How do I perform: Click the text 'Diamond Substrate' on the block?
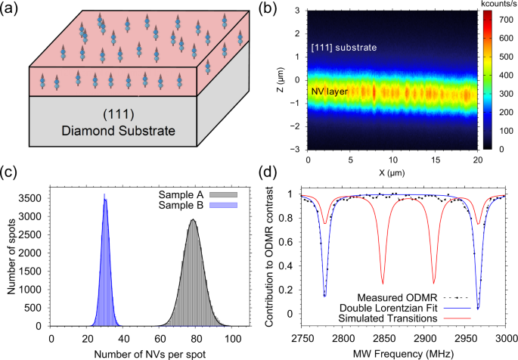pos(118,131)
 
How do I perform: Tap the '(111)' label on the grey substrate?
pos(119,114)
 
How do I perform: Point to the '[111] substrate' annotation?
pos(344,48)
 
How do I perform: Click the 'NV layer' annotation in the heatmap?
pos(330,92)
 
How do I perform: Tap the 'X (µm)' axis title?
pos(392,172)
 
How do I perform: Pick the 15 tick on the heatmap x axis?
pos(436,160)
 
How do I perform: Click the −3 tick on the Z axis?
pos(298,149)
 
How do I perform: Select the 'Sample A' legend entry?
pos(197,195)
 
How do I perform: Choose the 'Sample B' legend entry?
pos(197,205)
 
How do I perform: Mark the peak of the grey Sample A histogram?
pos(193,219)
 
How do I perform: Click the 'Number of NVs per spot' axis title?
pos(150,355)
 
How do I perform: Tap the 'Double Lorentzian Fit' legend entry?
pos(405,308)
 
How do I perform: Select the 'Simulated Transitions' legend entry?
pos(405,318)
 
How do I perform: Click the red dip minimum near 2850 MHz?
pos(383,284)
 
